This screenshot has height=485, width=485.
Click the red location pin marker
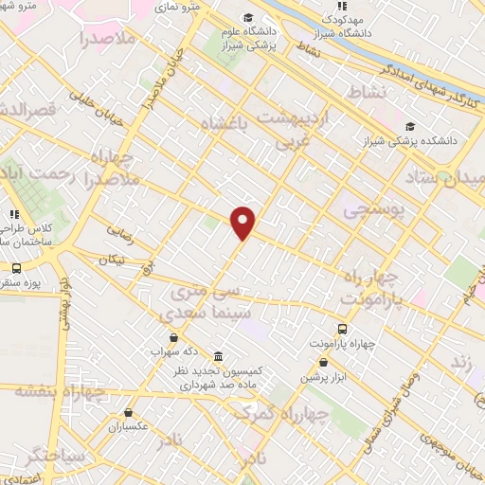click(x=243, y=222)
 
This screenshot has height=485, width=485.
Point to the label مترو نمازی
click(x=174, y=7)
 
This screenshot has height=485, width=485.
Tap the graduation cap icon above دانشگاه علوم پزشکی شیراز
click(x=248, y=17)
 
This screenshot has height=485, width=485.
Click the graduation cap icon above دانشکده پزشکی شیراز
click(x=410, y=126)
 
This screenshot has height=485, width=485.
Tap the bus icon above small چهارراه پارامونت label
click(x=341, y=330)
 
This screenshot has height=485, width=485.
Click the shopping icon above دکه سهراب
click(x=172, y=337)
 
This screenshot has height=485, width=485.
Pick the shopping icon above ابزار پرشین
click(x=324, y=362)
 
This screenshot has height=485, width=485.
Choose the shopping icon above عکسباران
click(x=129, y=412)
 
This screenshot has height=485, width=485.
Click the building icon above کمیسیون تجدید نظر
click(x=219, y=356)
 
